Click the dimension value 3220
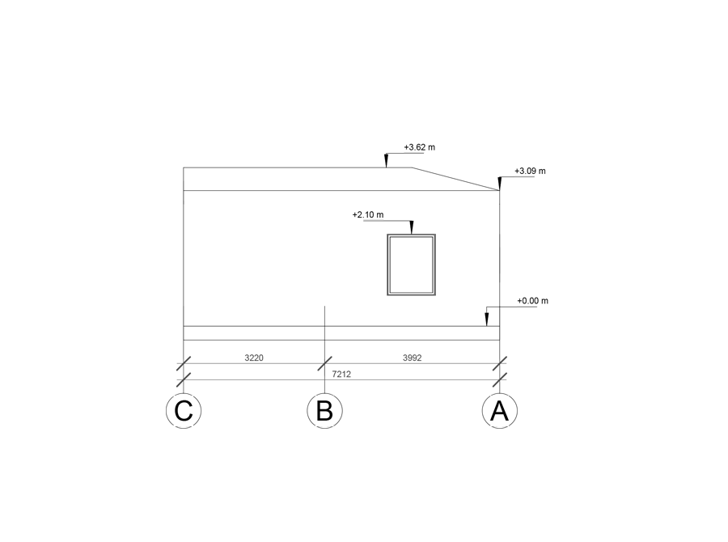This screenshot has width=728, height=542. point(254,358)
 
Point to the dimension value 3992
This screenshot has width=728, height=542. point(413,358)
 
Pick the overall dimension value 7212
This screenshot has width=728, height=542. point(341,374)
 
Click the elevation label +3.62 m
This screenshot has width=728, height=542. point(420,147)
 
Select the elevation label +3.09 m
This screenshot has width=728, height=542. point(530,171)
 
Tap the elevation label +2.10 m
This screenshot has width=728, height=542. point(368,214)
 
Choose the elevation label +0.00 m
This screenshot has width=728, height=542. point(532,301)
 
